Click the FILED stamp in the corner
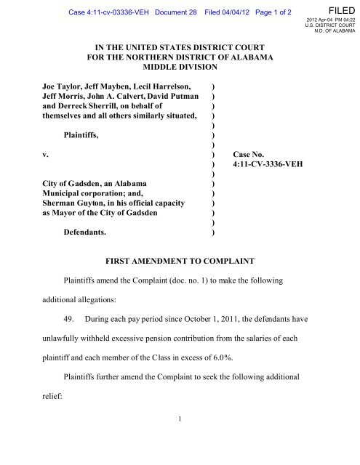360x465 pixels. (340, 9)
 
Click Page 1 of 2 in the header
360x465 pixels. (271, 7)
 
